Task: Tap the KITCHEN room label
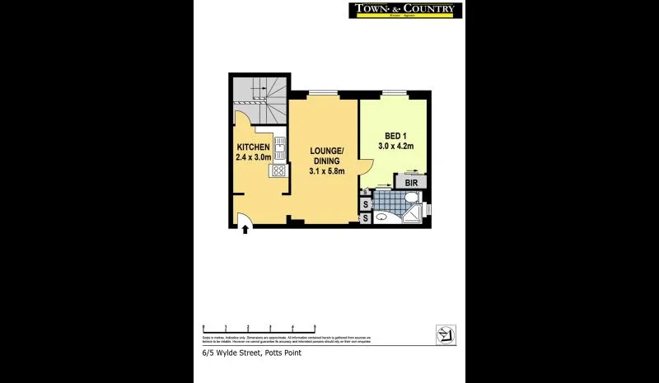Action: click(x=253, y=147)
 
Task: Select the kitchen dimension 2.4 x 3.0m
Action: click(x=253, y=156)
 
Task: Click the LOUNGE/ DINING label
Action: click(x=326, y=156)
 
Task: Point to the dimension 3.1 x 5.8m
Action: click(x=326, y=171)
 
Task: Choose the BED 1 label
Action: click(x=395, y=136)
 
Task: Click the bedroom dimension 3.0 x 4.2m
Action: click(x=395, y=146)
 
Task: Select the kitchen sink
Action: click(x=279, y=148)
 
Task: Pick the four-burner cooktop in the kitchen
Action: click(x=279, y=171)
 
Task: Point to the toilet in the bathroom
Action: click(x=411, y=199)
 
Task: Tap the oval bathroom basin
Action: click(x=382, y=217)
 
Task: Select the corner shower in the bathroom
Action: click(x=414, y=214)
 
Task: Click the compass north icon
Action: click(x=446, y=334)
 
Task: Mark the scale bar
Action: click(x=259, y=328)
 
